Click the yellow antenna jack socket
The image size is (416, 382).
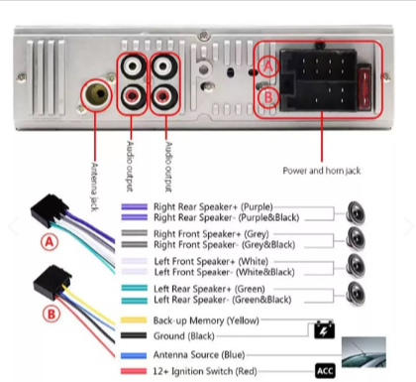click(x=95, y=94)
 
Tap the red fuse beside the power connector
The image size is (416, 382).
click(x=364, y=87)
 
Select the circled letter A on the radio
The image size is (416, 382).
click(x=268, y=66)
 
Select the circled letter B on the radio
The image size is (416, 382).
click(x=268, y=97)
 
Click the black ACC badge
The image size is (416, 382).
click(x=325, y=371)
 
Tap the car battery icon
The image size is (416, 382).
click(x=324, y=329)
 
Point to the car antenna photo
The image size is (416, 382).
click(x=364, y=352)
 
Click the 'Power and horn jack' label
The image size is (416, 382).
click(x=322, y=171)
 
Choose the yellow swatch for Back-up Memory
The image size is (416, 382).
click(x=134, y=320)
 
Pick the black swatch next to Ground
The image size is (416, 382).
click(x=134, y=335)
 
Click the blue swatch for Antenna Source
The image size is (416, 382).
click(x=134, y=355)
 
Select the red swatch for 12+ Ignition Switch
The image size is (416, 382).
click(x=134, y=371)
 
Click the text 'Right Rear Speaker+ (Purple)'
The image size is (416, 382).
click(x=213, y=207)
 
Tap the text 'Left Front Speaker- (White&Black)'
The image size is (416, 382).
click(x=224, y=272)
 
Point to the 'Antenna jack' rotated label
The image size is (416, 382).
click(x=94, y=187)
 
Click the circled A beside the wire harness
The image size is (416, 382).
click(x=50, y=242)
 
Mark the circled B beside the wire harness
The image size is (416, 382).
click(x=52, y=314)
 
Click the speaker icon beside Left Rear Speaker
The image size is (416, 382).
click(x=356, y=294)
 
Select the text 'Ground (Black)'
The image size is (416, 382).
click(x=184, y=336)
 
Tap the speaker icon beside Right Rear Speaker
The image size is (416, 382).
click(x=356, y=213)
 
